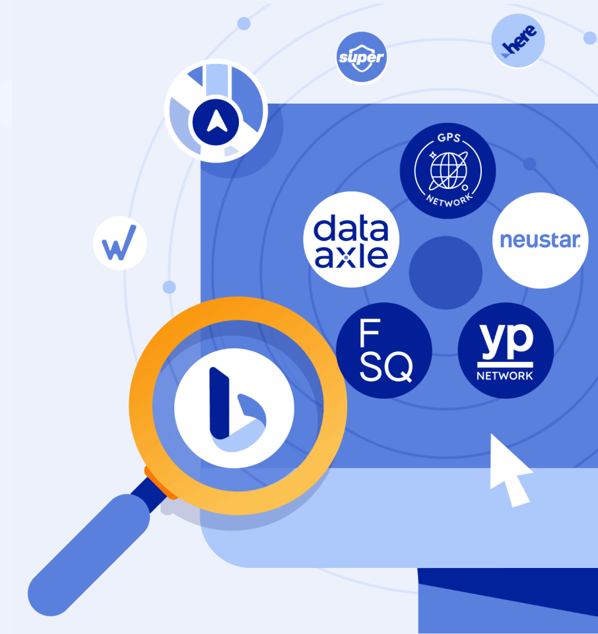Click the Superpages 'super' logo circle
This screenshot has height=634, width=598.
pos(362,57)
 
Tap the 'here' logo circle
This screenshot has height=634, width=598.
pos(518,40)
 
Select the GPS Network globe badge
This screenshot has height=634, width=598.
pos(448,170)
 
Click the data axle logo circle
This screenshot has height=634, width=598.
pos(351,239)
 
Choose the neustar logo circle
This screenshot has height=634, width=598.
pos(540,240)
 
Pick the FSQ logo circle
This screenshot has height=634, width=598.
pos(384,350)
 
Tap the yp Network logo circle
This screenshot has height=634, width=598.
pos(506,350)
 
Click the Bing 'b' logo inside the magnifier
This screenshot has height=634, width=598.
pos(234,408)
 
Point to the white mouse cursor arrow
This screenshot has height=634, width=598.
pos(508,470)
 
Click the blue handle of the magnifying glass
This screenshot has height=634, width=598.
pos(89,555)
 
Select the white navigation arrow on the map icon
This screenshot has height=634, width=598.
pos(217,121)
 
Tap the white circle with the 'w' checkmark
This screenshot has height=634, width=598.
pos(119,244)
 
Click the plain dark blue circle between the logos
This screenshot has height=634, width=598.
pos(446,273)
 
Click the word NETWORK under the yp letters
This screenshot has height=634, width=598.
pos(505,376)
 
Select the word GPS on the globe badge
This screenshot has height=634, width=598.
pos(449,138)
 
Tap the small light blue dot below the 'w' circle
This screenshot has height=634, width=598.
pos(169,287)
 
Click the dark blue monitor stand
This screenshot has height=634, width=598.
pos(508,601)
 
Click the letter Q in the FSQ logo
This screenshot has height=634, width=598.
pos(397,367)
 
